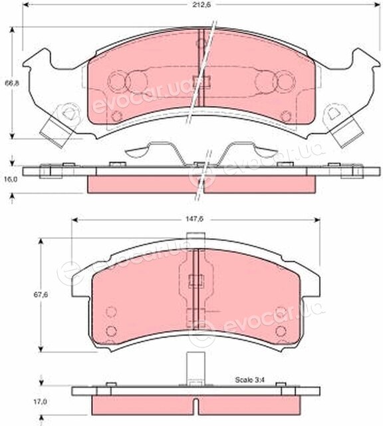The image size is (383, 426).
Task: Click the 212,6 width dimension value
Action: click(x=201, y=5)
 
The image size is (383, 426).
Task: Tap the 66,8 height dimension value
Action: click(x=12, y=83)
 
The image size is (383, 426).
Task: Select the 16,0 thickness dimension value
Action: click(x=11, y=180)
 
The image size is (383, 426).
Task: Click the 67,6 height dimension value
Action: click(x=41, y=294)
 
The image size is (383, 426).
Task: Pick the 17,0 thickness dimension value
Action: click(x=40, y=401)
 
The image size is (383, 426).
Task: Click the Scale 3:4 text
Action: click(x=249, y=379)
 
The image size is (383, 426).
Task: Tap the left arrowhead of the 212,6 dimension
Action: click(x=25, y=5)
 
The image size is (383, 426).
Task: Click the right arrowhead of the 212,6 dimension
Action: click(x=376, y=5)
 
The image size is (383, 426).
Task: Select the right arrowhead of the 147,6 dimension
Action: click(x=317, y=220)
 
